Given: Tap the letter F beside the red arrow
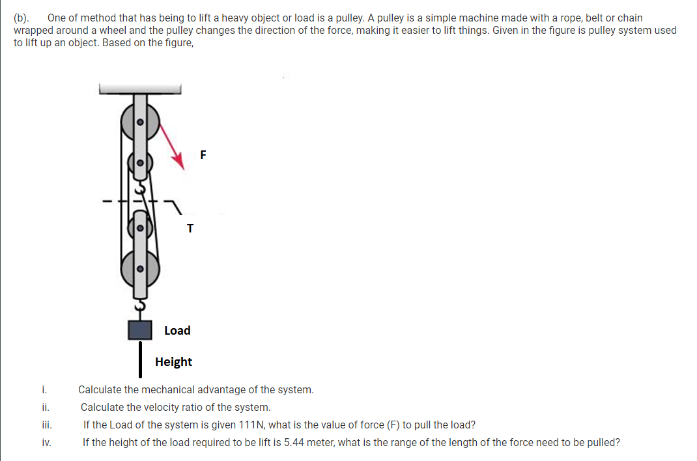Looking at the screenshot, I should click(x=203, y=155).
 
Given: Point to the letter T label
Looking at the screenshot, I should click(x=190, y=229).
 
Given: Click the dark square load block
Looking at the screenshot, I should click(x=140, y=329).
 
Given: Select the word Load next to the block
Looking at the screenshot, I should click(x=177, y=331).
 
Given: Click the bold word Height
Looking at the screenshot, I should click(x=173, y=362).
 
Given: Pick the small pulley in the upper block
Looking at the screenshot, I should click(x=139, y=163).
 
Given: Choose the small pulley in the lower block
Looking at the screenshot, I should click(x=139, y=227).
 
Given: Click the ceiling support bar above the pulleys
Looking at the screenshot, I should click(x=139, y=89).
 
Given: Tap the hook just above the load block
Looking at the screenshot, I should click(x=139, y=305).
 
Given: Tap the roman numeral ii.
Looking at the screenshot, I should click(x=43, y=408).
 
